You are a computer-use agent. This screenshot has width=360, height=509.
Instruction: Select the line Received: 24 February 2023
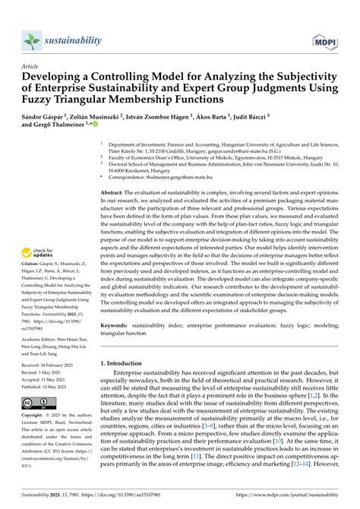51,385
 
